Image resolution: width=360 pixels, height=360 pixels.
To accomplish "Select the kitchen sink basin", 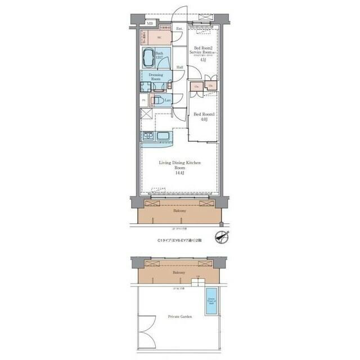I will point(161,137).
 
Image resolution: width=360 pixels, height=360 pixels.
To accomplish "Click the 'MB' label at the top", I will point(150,23).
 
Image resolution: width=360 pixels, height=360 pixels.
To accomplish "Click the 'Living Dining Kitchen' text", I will point(179,163).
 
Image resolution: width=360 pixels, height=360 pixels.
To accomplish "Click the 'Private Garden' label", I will point(179,317).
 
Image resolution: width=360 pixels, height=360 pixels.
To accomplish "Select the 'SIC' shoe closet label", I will point(159,38).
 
